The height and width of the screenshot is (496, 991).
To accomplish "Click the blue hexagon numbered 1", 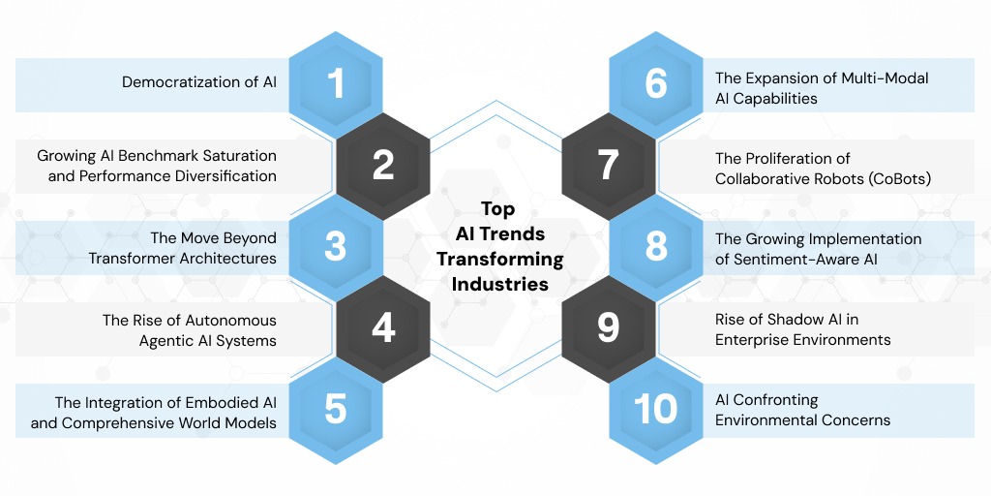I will pos(335,83).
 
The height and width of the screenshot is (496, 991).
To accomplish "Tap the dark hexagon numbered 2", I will pos(383,166).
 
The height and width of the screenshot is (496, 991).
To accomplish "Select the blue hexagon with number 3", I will pos(335,246).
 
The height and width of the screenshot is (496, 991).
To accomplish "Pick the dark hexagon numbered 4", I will pos(383,328).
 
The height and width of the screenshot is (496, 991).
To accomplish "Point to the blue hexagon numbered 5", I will pos(335,409).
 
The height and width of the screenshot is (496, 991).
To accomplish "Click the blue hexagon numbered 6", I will pos(656,83).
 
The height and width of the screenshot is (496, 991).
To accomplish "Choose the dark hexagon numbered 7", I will pos(608,166).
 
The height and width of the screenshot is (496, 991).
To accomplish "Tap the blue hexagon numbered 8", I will pos(656,246).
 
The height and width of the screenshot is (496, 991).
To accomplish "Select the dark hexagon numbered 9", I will pos(608,328).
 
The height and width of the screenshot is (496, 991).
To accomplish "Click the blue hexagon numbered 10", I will pos(656,409).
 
